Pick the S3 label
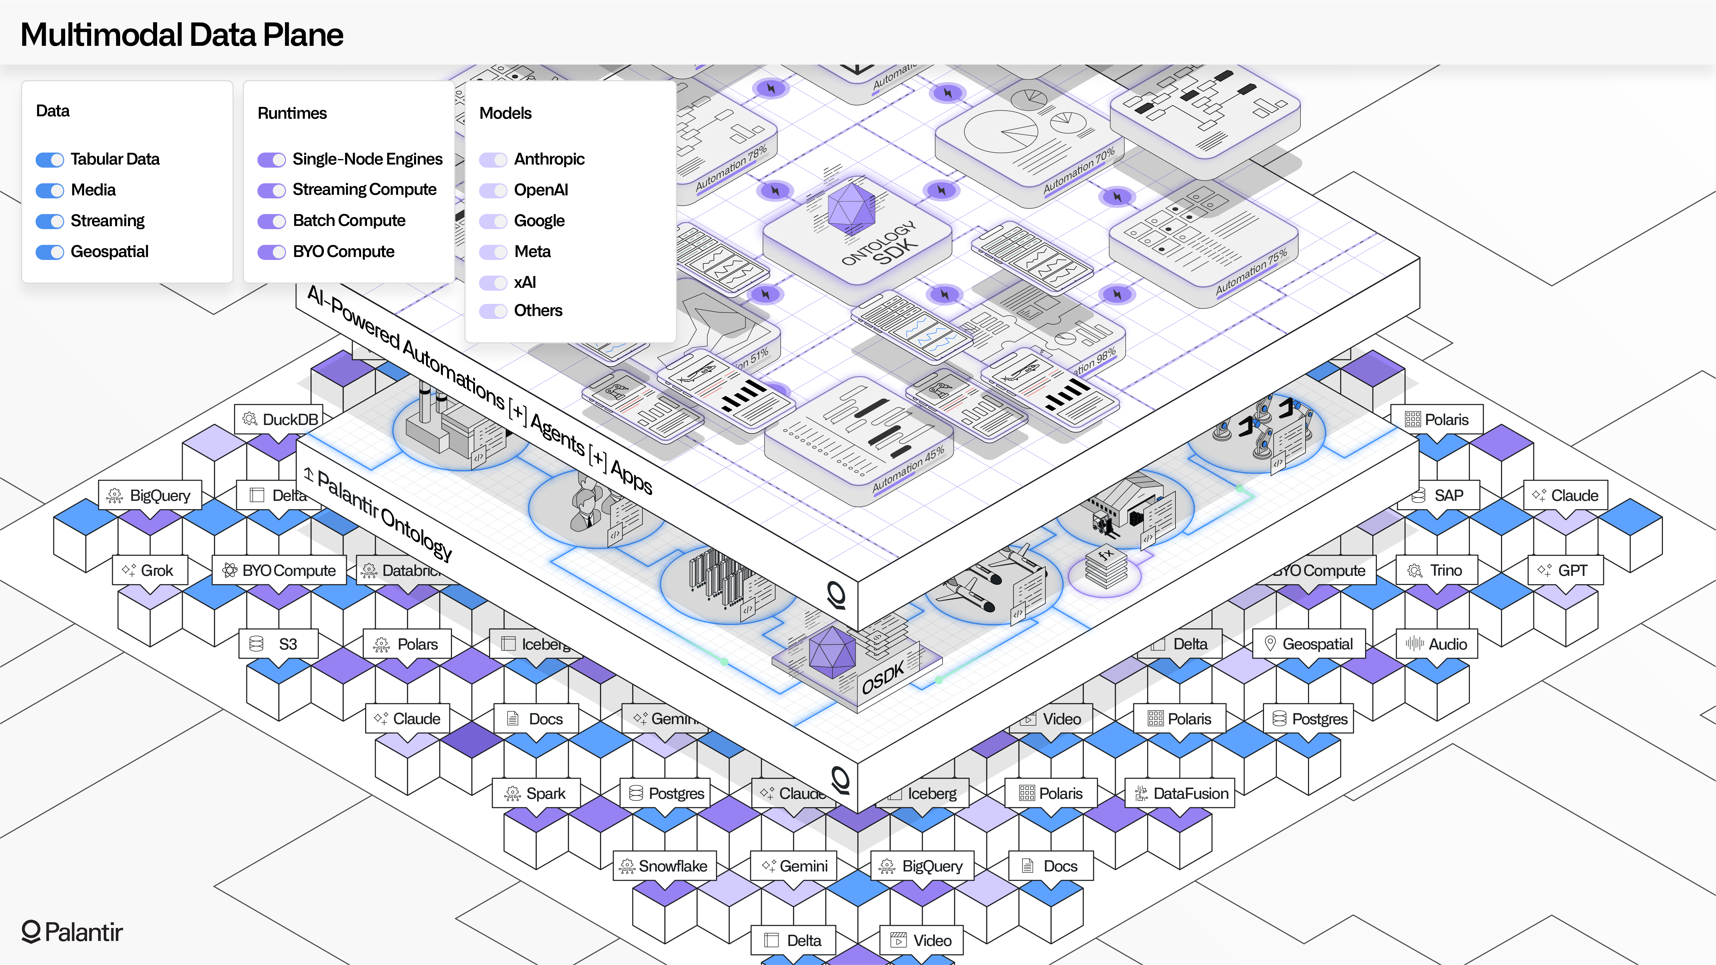(279, 644)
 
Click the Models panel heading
(505, 113)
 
